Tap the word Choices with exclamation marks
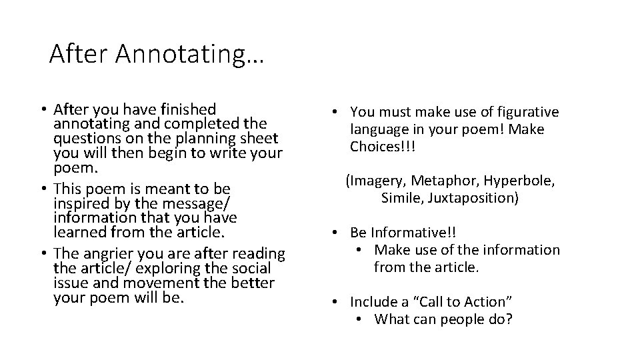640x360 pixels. pos(383,146)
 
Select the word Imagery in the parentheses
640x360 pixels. pos(377,181)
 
